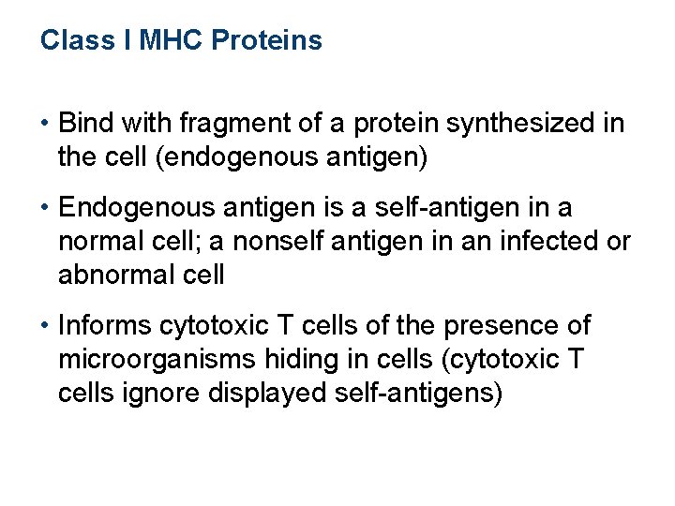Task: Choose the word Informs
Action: click(105, 326)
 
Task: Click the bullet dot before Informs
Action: click(46, 326)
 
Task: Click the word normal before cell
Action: click(101, 242)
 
